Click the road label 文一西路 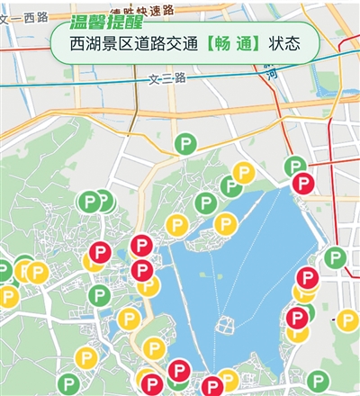(x=22, y=17)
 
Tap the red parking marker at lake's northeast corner (x=302, y=184)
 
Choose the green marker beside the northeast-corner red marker (x=294, y=166)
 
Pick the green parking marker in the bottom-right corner (x=316, y=381)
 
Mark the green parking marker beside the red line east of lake (x=335, y=259)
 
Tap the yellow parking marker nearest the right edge (x=347, y=319)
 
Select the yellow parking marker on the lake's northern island (x=225, y=224)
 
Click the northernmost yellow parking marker (x=243, y=173)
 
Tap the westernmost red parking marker (x=141, y=245)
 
